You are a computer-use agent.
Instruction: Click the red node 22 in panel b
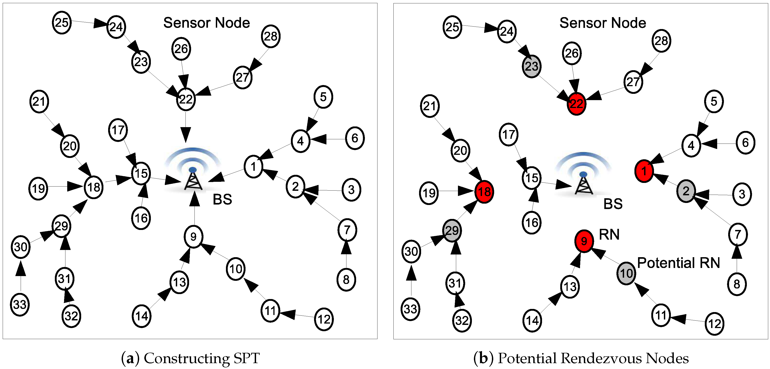point(576,103)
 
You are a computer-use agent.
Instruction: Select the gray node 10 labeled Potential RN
point(626,273)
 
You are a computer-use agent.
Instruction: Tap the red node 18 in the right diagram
point(484,191)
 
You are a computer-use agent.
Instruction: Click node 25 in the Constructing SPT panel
point(62,22)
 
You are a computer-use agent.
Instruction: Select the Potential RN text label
point(678,263)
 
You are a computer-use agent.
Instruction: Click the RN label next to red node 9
point(609,234)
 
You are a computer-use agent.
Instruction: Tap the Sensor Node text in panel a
point(207,23)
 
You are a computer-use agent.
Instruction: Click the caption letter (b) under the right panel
point(483,358)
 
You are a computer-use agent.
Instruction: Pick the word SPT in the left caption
point(247,358)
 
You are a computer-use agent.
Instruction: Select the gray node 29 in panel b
point(452,230)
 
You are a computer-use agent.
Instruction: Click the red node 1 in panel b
point(644,171)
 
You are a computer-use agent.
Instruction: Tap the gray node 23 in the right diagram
point(531,66)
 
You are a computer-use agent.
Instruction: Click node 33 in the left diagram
point(20,305)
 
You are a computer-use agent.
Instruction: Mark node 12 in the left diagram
point(324,319)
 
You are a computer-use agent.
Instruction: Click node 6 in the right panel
point(745,142)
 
